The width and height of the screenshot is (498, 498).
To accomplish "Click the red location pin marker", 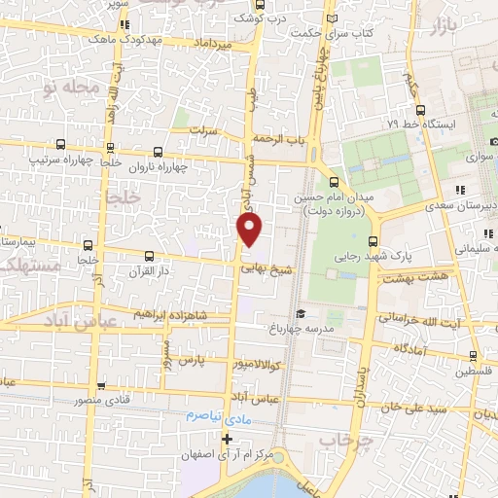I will coord(250,229).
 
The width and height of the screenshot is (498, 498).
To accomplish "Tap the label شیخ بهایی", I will coord(266,263).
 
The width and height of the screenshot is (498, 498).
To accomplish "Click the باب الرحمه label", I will coord(282,140).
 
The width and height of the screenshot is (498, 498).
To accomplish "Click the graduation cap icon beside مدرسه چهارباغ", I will coord(302,314).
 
